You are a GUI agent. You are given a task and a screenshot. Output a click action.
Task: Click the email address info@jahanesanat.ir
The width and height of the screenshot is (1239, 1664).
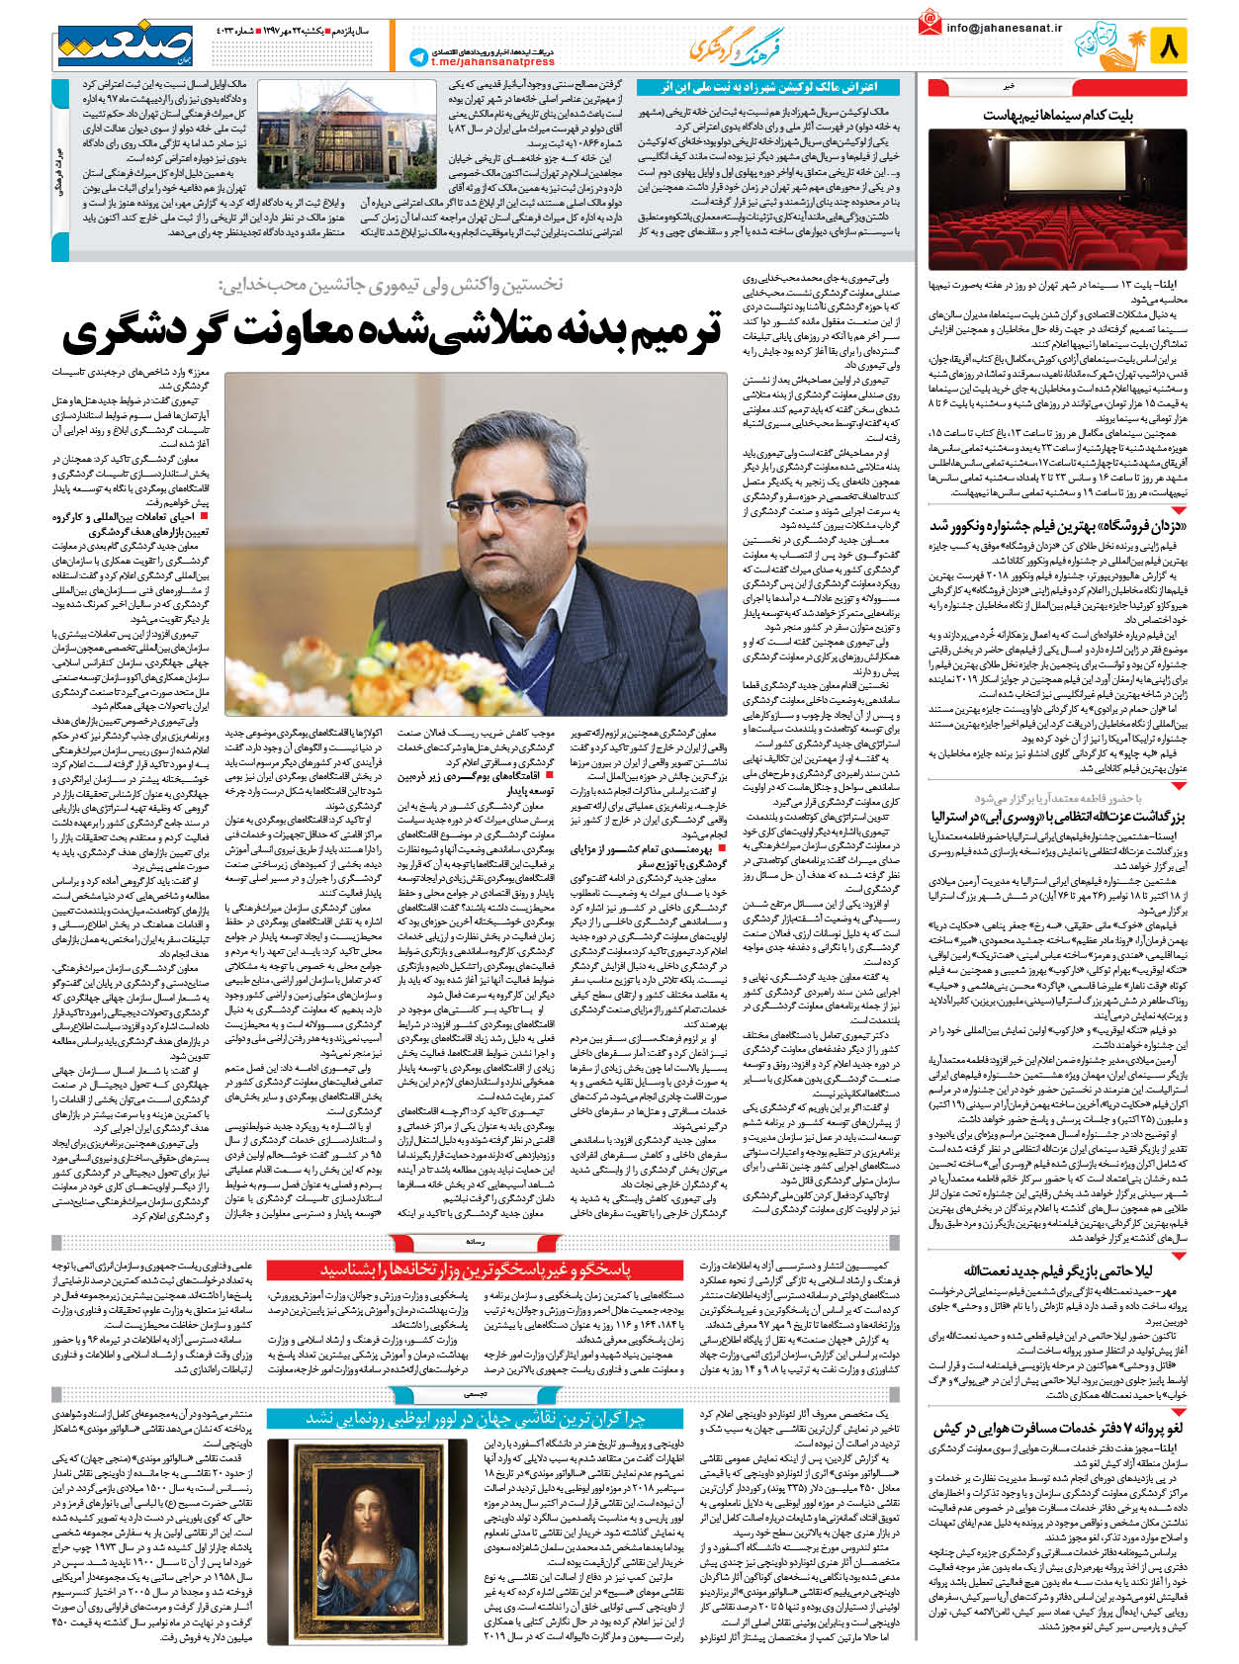(x=1004, y=29)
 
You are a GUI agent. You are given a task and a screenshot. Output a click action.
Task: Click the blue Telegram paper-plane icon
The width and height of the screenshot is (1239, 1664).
(x=417, y=57)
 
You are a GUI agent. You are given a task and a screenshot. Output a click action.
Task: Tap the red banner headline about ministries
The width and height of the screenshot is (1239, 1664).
(x=475, y=1269)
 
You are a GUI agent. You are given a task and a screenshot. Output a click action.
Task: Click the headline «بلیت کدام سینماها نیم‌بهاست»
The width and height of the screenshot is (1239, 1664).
(x=1058, y=116)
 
